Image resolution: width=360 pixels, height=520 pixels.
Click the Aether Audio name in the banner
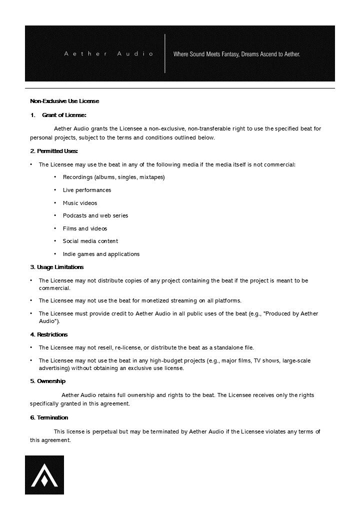click(x=108, y=53)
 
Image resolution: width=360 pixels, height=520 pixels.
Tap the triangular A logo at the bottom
click(x=44, y=475)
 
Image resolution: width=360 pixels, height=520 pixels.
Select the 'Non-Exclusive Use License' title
click(x=64, y=101)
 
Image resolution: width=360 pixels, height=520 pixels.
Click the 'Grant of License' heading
click(x=64, y=115)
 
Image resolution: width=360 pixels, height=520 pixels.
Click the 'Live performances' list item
click(x=87, y=190)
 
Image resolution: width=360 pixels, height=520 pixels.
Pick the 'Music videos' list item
click(x=80, y=203)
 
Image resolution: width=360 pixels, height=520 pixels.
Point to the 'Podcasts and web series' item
click(x=95, y=215)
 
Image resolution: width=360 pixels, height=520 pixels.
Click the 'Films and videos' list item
click(x=85, y=228)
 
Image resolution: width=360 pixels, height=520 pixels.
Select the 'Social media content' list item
click(x=90, y=241)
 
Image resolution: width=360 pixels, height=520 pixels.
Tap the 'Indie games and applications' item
click(x=101, y=254)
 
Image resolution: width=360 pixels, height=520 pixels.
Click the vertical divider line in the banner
click(x=165, y=53)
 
